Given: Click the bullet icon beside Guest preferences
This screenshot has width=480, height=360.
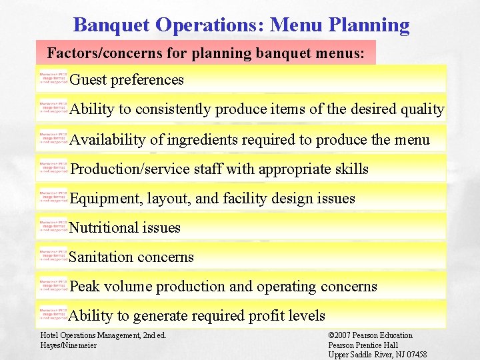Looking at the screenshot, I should tap(53, 79).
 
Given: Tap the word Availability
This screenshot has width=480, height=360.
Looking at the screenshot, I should tap(107, 139).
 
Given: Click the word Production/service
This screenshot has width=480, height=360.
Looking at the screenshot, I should tap(130, 169).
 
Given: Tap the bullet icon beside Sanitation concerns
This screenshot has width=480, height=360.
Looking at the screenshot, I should tap(53, 257).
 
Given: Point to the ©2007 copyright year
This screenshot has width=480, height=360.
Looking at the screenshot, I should tap(342, 335).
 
